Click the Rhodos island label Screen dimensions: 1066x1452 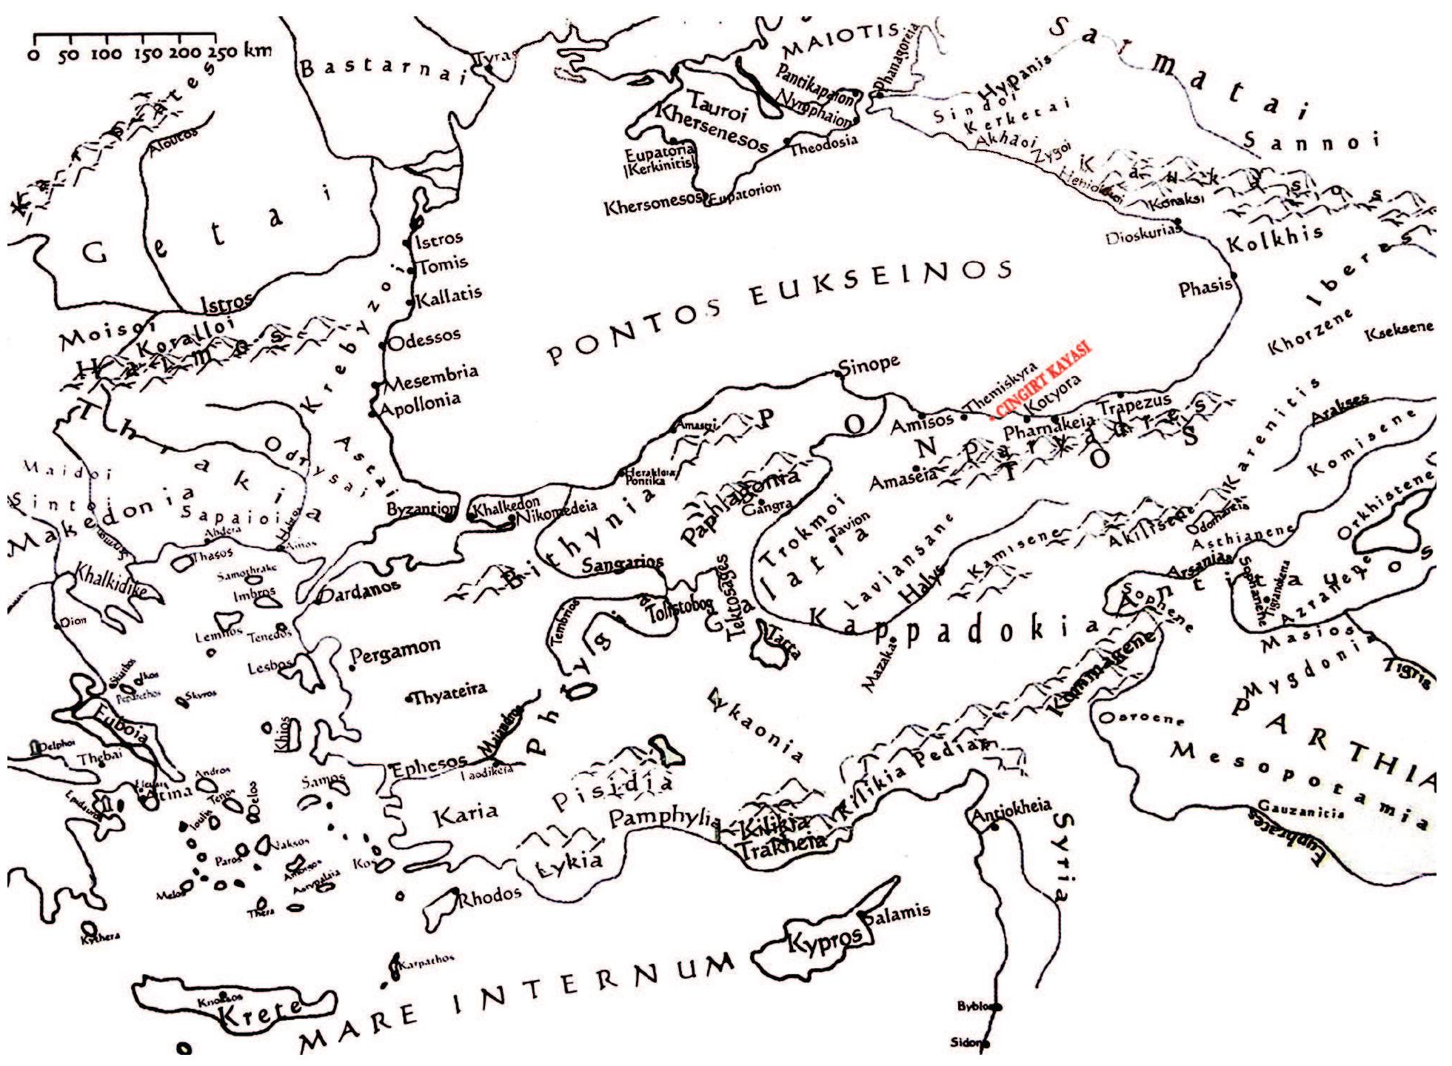(x=489, y=896)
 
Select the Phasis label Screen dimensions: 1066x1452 (x=1205, y=287)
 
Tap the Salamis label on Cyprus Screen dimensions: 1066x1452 (x=897, y=915)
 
